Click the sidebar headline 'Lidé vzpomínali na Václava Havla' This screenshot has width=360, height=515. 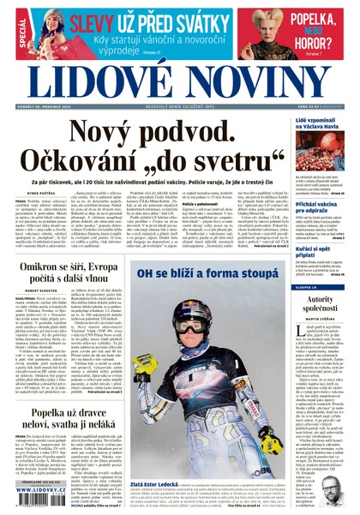tap(320, 125)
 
